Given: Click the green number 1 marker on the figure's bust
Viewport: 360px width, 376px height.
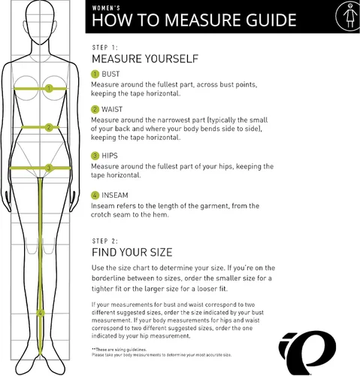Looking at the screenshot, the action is [49, 89].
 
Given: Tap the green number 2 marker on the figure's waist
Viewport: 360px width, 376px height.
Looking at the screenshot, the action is [49, 127].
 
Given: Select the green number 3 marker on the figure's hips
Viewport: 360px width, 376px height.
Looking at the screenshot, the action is [49, 168].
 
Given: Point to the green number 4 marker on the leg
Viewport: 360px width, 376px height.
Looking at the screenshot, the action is [40, 313].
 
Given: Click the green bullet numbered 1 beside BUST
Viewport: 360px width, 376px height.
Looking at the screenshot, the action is [95, 74].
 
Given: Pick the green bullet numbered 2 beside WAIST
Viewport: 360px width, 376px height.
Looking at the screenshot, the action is [95, 110].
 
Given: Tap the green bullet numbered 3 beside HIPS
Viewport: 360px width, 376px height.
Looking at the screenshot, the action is [95, 156].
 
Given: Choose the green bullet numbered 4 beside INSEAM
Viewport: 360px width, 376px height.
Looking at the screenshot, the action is [95, 196].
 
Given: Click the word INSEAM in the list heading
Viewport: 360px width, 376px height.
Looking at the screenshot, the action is [115, 196].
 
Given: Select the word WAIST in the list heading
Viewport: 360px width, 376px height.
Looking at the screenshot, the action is [112, 110].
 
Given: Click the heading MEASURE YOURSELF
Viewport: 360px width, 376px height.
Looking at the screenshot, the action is [145, 59].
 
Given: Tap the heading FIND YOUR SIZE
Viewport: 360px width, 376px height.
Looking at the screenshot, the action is [132, 253].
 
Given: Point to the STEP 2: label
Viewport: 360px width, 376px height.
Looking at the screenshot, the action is [104, 241].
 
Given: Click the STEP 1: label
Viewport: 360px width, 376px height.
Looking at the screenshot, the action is [104, 47].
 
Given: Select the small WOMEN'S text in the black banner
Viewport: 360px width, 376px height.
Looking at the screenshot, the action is [106, 8].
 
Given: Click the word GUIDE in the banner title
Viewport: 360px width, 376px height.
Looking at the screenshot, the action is [271, 20].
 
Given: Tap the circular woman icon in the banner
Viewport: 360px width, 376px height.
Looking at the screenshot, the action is [349, 16].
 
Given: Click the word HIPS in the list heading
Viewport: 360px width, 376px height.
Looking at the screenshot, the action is [110, 156].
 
